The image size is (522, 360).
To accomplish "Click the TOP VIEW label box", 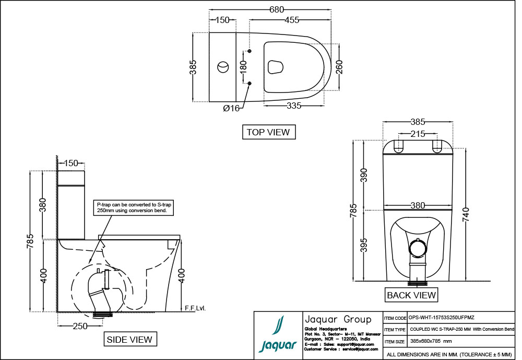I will (x=269, y=132).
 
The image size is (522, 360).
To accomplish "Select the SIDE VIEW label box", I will (x=129, y=340).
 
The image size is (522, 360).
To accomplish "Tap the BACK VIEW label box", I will (x=411, y=295).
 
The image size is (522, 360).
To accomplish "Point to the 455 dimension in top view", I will (x=292, y=20).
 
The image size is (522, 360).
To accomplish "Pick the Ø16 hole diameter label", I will (x=231, y=108).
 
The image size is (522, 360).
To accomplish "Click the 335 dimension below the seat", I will (x=294, y=106).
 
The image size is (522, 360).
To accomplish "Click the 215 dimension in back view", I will (x=418, y=134).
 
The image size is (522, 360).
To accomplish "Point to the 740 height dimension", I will (x=466, y=214).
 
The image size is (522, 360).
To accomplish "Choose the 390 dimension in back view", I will (x=364, y=175).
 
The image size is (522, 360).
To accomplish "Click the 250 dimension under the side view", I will (x=80, y=326).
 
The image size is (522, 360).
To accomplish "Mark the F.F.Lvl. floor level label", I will (x=195, y=308).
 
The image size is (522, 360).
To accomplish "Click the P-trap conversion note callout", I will (x=133, y=207).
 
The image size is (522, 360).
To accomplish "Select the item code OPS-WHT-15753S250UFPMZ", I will (x=442, y=317).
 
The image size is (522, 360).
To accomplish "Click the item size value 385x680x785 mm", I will (x=431, y=341).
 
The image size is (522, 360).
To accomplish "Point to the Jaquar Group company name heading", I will (x=337, y=319).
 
